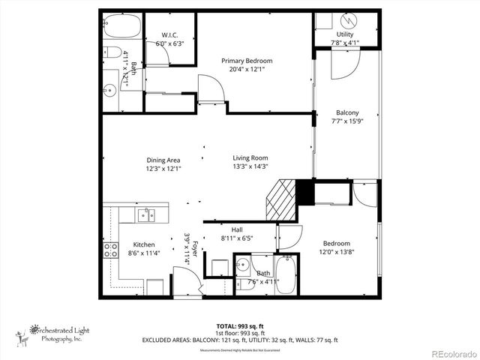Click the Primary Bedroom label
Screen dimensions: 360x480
coord(247,61)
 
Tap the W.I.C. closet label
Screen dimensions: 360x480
coord(169,35)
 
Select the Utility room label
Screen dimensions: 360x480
coord(345,34)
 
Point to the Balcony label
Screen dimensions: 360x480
coord(347,113)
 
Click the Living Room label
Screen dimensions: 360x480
coord(250,157)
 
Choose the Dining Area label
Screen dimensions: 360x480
coord(163,160)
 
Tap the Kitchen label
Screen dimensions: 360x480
coord(144,245)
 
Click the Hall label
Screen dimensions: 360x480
coord(237,230)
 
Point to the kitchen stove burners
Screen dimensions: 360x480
coord(110,250)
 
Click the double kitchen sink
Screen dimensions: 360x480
coord(146,216)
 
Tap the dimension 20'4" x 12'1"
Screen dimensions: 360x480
coord(247,70)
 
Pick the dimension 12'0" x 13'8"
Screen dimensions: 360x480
coord(337,253)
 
